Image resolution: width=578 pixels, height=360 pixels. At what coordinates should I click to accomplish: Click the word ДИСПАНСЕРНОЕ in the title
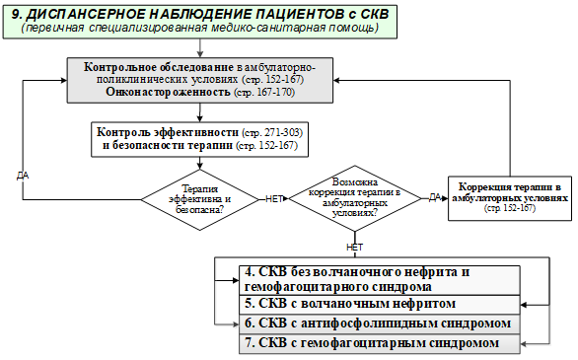(x=84, y=15)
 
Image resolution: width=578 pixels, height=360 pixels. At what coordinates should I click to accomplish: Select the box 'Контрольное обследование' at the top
(x=200, y=80)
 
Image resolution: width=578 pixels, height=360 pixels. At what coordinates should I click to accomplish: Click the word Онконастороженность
(x=168, y=92)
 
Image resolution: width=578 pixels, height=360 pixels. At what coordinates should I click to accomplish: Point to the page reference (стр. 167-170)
(x=264, y=92)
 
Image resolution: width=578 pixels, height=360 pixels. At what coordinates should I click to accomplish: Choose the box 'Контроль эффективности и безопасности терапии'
(x=200, y=139)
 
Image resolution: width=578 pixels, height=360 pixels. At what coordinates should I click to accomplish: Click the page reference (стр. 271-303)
(x=272, y=132)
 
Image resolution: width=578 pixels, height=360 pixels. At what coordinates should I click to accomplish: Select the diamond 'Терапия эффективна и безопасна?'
(x=200, y=199)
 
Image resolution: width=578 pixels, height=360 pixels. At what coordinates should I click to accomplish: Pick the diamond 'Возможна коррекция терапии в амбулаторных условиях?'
(x=355, y=198)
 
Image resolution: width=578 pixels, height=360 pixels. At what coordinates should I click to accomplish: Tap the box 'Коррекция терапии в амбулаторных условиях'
(x=510, y=198)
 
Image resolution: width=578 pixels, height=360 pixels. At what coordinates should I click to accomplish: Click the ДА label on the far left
(x=23, y=176)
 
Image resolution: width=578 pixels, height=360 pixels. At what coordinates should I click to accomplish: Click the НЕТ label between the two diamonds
(x=274, y=199)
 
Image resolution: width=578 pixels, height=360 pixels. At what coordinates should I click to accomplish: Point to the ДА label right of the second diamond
(x=435, y=198)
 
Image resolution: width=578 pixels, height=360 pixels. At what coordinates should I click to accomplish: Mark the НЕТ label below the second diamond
(x=355, y=248)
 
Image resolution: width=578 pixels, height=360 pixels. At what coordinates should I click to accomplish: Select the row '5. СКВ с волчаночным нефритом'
(x=380, y=305)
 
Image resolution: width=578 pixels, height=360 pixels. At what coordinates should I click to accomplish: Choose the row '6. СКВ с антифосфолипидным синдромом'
(x=380, y=324)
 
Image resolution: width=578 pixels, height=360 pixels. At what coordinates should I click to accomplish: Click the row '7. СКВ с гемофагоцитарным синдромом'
(x=380, y=343)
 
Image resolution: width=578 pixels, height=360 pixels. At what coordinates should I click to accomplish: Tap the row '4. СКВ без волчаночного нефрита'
(x=380, y=280)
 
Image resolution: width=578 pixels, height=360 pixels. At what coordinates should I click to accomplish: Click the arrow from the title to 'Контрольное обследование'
(x=200, y=48)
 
